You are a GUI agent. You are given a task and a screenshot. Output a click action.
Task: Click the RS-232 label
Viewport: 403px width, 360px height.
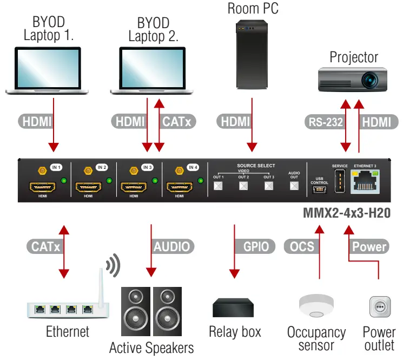(325, 122)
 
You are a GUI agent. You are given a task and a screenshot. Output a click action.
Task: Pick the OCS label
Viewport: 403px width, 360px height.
(302, 246)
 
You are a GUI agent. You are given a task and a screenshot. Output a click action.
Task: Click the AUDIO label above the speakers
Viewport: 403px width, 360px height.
(171, 246)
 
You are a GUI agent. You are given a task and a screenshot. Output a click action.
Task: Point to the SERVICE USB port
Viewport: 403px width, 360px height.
(339, 181)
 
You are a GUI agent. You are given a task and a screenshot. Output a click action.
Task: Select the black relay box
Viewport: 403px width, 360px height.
(234, 307)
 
